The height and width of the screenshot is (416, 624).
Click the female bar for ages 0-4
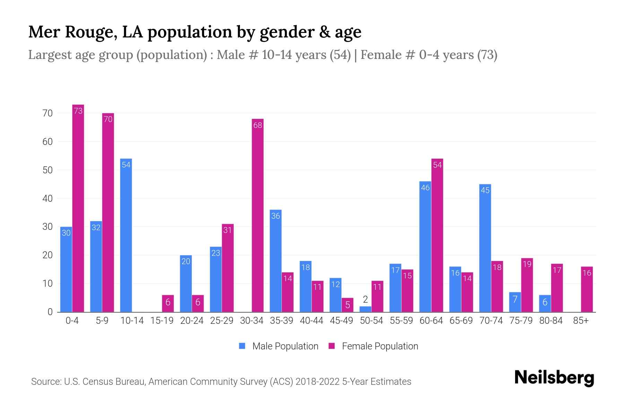78,208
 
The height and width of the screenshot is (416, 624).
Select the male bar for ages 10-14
126,236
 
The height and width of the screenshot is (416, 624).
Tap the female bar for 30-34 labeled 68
258,215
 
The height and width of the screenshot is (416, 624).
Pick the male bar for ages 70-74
485,248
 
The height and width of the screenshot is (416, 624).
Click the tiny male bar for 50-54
365,309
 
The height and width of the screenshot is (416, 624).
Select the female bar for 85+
587,289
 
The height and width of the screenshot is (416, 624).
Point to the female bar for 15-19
168,304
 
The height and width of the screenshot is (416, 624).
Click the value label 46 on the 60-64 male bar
425,188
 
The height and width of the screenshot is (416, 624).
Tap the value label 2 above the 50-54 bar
365,300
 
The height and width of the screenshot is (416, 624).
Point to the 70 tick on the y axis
47,113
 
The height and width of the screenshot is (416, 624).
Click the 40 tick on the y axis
47,199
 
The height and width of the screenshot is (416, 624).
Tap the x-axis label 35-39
281,321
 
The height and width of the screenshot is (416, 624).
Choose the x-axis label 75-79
521,321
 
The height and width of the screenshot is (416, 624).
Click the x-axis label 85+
581,321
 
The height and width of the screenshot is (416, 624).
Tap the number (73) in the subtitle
487,55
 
